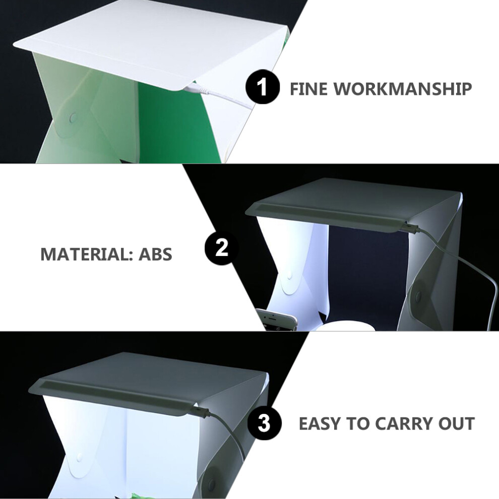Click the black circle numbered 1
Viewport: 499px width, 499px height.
pyautogui.click(x=263, y=87)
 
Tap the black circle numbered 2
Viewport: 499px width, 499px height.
pyautogui.click(x=222, y=247)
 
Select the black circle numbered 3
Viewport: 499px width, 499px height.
pyautogui.click(x=264, y=423)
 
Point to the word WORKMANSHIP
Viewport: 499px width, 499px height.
pyautogui.click(x=402, y=89)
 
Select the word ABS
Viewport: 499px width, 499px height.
pyautogui.click(x=155, y=254)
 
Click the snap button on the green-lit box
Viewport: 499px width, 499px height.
pyautogui.click(x=73, y=118)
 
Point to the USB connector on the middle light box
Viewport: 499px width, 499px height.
pyautogui.click(x=410, y=227)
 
